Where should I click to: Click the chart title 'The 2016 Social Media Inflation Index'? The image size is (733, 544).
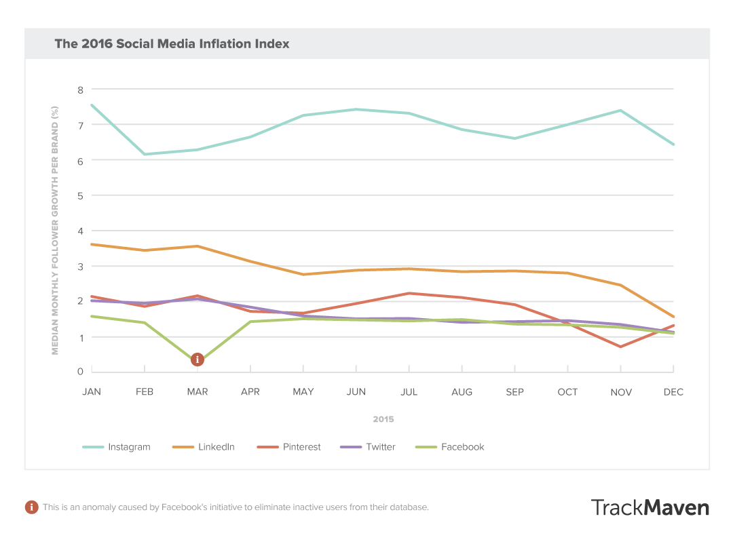click(x=172, y=43)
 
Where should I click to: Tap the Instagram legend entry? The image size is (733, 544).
click(x=116, y=447)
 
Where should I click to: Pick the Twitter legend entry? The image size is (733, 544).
click(x=371, y=447)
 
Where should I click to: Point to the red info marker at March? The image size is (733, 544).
click(x=198, y=360)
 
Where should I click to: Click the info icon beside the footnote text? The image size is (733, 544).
click(x=31, y=507)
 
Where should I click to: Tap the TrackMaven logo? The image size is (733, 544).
click(x=650, y=507)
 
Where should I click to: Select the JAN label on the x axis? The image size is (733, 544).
click(x=92, y=392)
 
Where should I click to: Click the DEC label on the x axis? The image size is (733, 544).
click(x=674, y=392)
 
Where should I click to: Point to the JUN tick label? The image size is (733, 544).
click(x=356, y=392)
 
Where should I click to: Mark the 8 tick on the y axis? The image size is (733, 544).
click(x=80, y=90)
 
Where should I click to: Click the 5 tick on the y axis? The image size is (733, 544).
click(x=80, y=195)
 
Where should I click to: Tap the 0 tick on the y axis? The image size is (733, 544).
click(x=80, y=371)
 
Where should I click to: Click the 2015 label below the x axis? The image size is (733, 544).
click(x=383, y=419)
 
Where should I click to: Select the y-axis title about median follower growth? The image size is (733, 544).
click(x=56, y=230)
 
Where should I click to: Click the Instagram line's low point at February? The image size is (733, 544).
click(x=145, y=154)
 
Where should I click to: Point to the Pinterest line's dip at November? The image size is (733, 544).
click(x=621, y=347)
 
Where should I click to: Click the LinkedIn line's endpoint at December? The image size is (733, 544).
click(x=673, y=317)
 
